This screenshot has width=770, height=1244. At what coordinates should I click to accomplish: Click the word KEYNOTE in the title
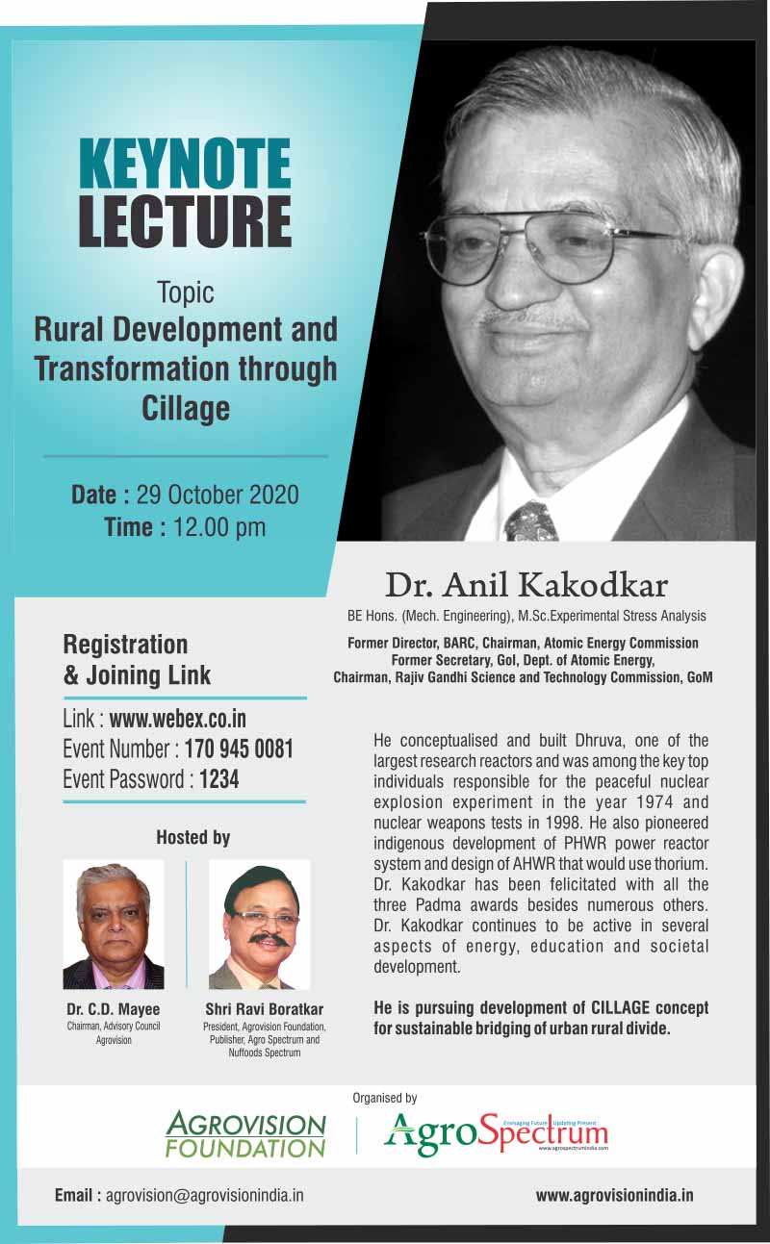pyautogui.click(x=185, y=164)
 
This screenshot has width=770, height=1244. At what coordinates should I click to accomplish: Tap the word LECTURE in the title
pyautogui.click(x=185, y=221)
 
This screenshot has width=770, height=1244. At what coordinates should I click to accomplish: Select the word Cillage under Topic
pyautogui.click(x=186, y=409)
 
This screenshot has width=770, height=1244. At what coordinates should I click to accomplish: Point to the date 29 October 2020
pyautogui.click(x=218, y=495)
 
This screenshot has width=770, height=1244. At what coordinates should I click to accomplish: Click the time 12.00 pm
pyautogui.click(x=219, y=527)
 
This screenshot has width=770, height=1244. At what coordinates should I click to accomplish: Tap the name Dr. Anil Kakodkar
pyautogui.click(x=526, y=585)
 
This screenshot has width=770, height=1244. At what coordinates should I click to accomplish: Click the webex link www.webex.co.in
pyautogui.click(x=178, y=719)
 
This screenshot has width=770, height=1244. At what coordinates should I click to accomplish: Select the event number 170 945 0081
pyautogui.click(x=239, y=749)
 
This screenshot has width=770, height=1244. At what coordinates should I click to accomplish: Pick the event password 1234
pyautogui.click(x=218, y=779)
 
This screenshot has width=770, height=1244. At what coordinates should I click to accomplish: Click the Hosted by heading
pyautogui.click(x=193, y=837)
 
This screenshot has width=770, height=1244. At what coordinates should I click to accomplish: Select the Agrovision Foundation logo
pyautogui.click(x=245, y=1133)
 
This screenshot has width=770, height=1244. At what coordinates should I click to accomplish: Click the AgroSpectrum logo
pyautogui.click(x=496, y=1133)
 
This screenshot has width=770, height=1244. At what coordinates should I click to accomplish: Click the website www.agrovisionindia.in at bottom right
pyautogui.click(x=614, y=1195)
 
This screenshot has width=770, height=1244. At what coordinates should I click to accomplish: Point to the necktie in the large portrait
pyautogui.click(x=531, y=522)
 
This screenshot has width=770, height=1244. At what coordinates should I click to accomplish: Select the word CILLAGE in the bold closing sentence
pyautogui.click(x=620, y=1007)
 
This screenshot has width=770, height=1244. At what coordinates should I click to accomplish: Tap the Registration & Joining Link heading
pyautogui.click(x=137, y=660)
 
